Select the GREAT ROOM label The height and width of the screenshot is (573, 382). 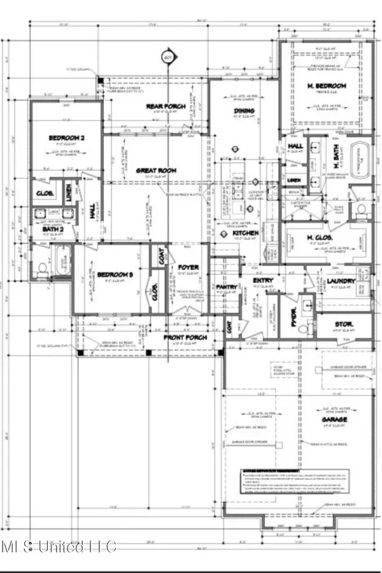(155, 171)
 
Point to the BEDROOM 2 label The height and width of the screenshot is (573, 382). (66, 137)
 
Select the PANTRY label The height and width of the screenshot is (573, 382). (222, 286)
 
